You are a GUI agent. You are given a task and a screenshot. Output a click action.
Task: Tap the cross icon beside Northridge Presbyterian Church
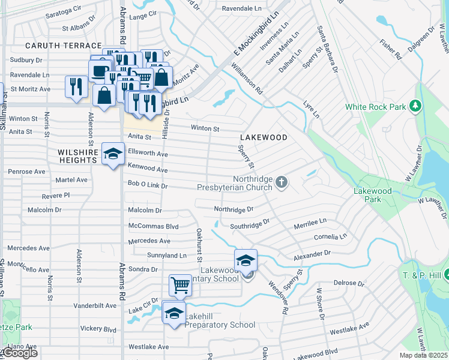click(281, 181)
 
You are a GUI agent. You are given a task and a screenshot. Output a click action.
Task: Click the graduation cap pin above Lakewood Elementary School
click(246, 260)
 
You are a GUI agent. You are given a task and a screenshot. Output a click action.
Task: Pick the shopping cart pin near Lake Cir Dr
click(180, 286)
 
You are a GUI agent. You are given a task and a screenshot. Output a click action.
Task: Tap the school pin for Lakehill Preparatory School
click(174, 313)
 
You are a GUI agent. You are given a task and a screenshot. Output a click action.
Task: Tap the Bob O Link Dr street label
click(147, 185)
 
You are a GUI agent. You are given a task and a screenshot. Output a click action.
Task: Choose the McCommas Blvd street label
click(154, 226)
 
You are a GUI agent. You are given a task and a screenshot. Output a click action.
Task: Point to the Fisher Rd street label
click(390, 49)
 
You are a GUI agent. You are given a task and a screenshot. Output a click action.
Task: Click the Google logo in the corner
click(19, 353)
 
